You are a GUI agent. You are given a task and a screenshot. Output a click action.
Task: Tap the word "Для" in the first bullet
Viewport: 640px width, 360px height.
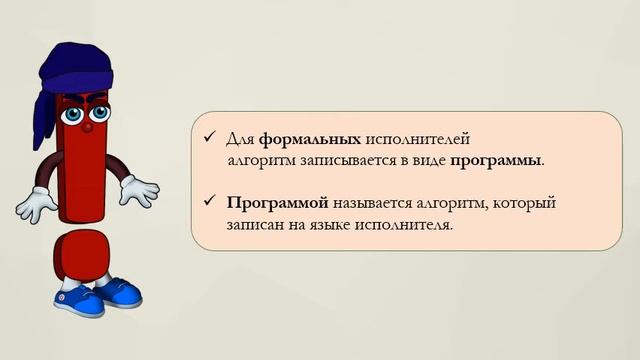pos(242,138)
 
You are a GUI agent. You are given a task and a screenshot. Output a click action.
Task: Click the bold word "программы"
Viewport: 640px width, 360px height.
pos(497,160)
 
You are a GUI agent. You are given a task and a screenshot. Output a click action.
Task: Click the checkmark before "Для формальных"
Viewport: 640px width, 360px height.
pos(209,137)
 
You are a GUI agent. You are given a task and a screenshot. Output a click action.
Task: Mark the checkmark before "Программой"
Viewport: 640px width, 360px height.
pos(209,202)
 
